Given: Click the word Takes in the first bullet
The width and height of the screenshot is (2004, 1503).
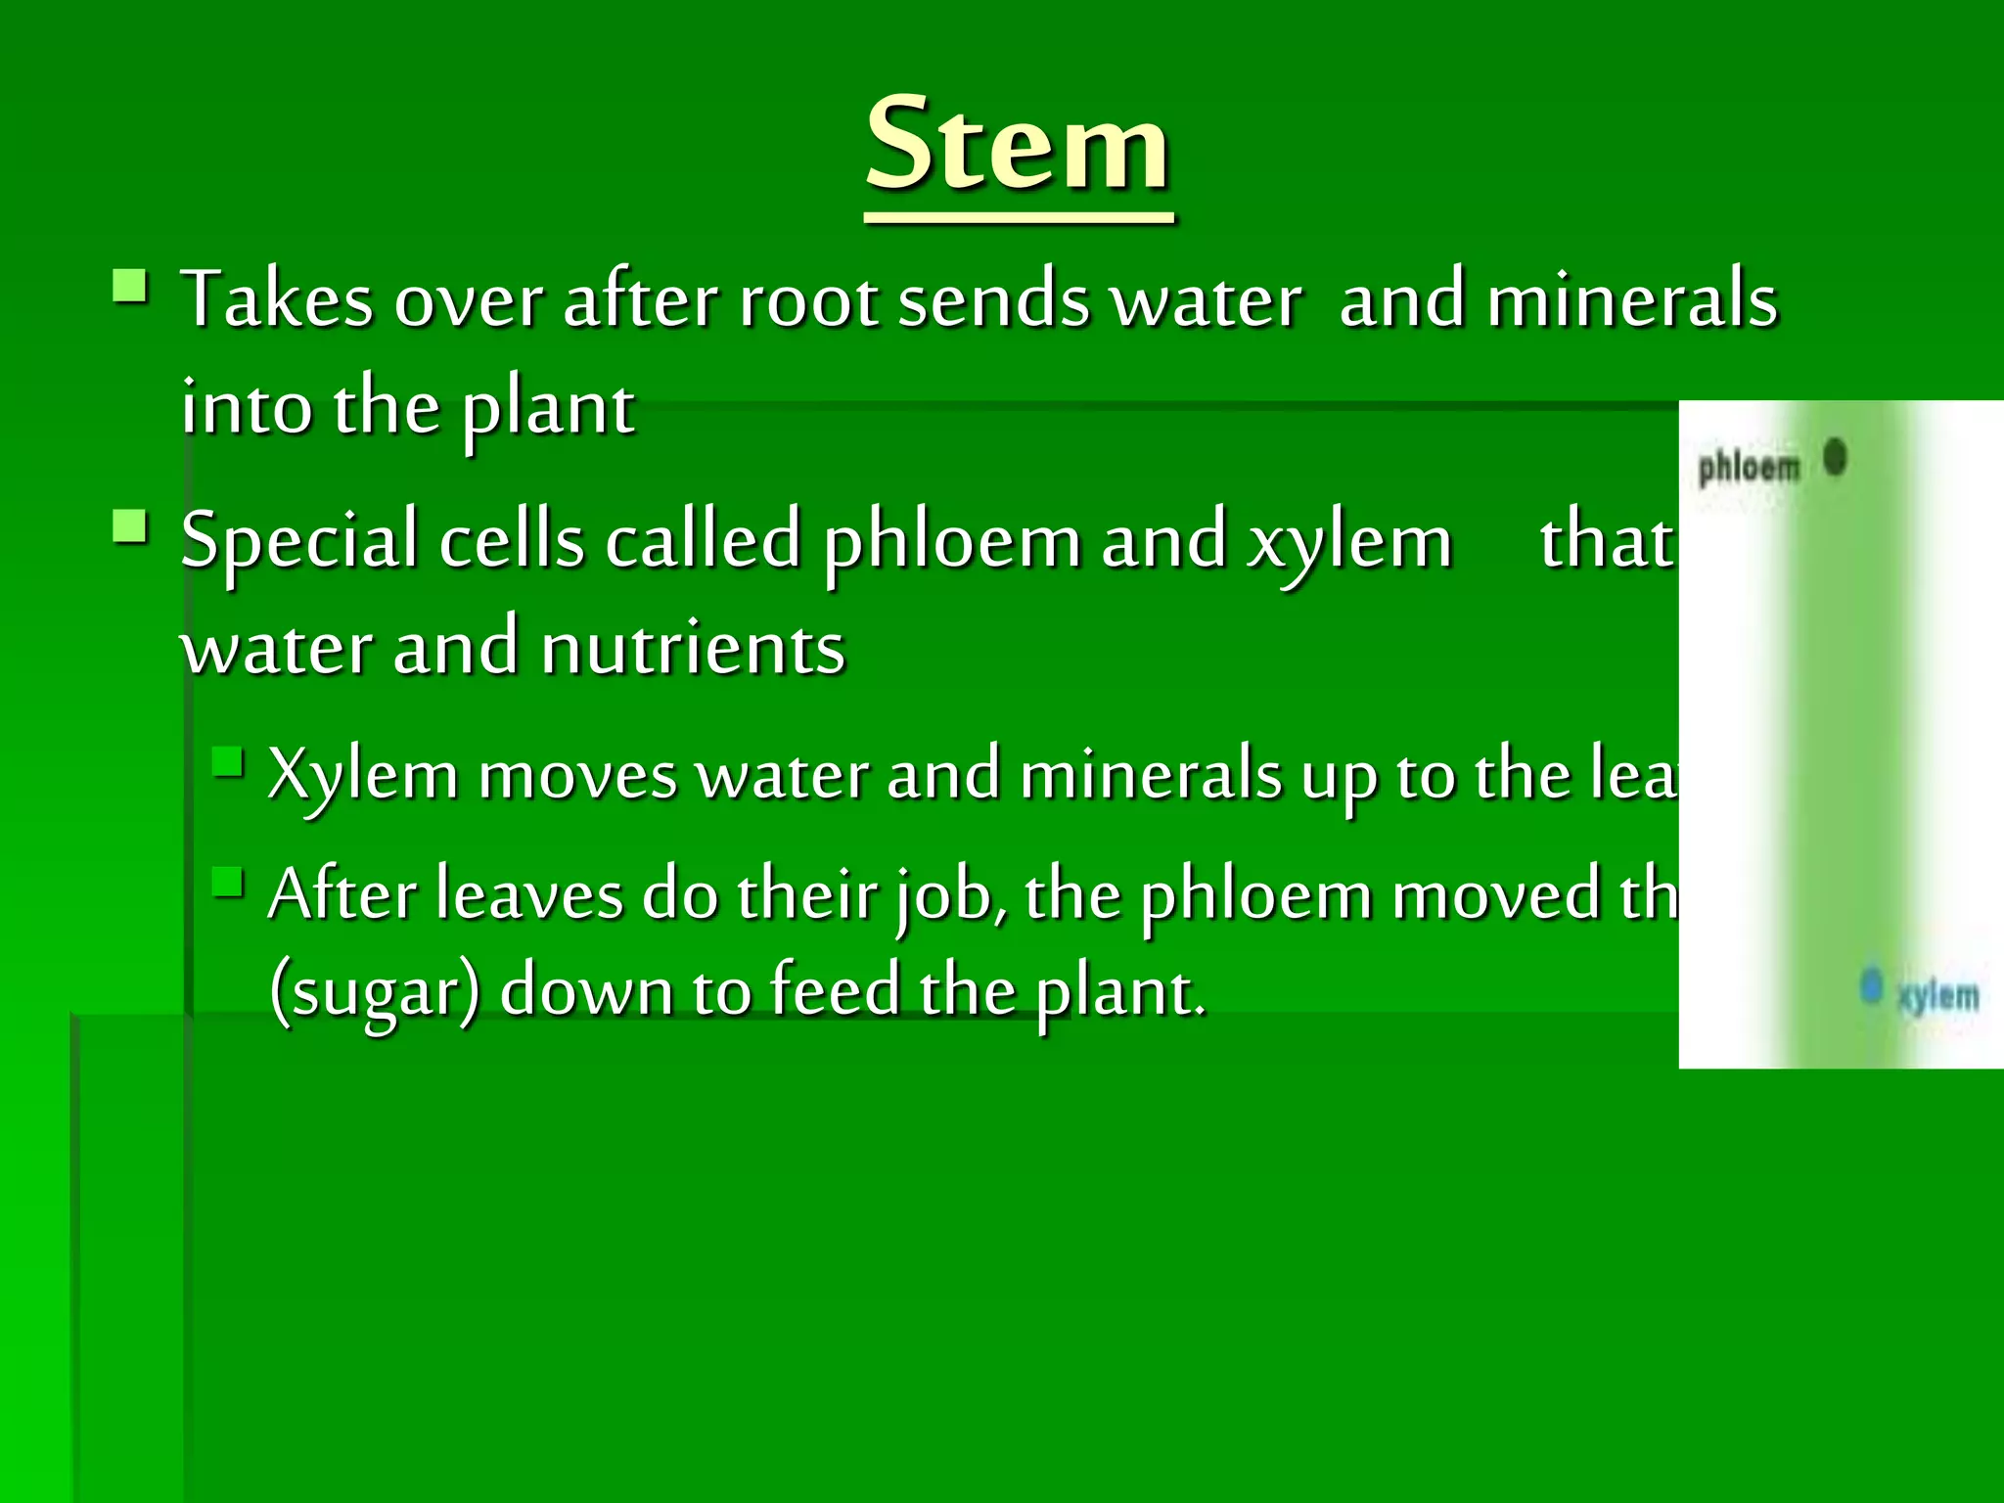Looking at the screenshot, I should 278,299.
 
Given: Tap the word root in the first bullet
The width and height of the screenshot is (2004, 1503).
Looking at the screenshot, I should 808,299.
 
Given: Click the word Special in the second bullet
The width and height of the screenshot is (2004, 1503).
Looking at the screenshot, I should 299,540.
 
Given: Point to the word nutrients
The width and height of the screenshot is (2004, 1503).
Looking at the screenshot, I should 693,648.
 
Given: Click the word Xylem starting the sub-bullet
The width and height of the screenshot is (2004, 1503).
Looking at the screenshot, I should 363,775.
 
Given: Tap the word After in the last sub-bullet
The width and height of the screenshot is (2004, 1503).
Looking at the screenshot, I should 342,894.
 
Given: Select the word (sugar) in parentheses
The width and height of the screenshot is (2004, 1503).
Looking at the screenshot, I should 375,990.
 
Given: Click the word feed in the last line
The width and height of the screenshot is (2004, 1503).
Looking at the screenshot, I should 834,990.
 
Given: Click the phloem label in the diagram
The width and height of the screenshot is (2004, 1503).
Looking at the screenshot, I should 1749,468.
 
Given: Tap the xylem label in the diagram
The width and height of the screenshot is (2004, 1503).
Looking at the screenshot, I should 1937,996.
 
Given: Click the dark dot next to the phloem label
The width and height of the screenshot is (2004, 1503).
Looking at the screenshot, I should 1835,457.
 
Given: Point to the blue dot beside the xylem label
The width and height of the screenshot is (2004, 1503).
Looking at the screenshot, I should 1871,985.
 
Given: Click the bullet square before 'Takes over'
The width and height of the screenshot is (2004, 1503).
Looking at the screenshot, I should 130,289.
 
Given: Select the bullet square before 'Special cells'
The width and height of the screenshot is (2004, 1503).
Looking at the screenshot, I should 130,527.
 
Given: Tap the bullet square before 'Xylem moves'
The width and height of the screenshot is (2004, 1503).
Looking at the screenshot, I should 227,761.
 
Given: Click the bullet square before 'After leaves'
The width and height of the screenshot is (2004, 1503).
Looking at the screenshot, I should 227,882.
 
